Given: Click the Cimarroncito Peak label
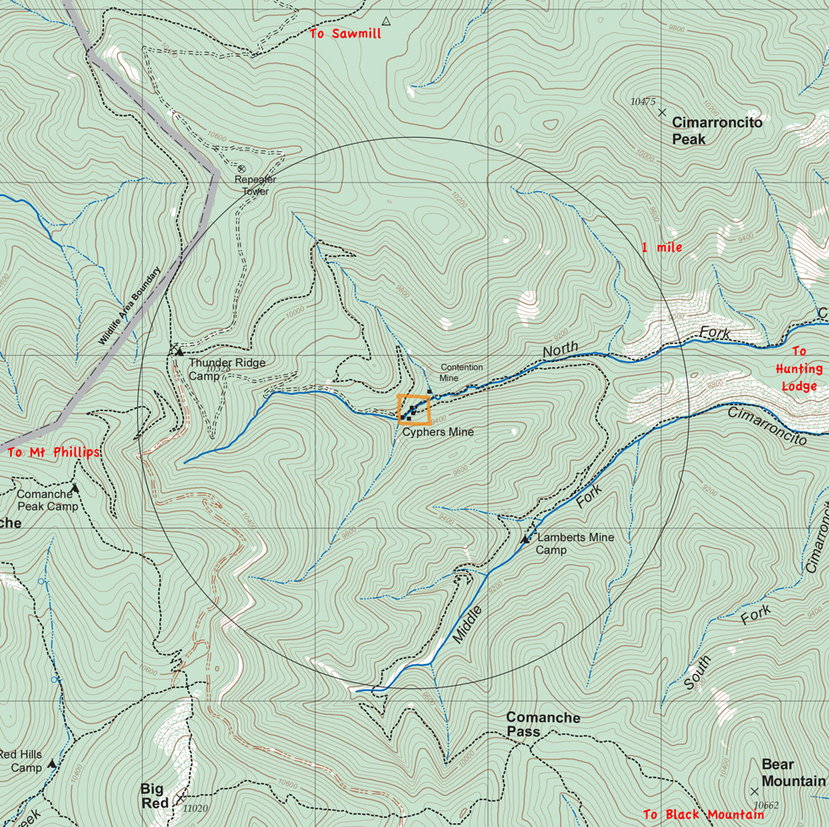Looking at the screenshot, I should coord(716,130).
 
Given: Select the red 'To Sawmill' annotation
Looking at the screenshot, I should coord(344,34).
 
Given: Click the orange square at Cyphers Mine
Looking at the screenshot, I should coord(414,409).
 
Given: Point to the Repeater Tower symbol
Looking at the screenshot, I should coord(241,169).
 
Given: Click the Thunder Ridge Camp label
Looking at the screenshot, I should coord(226,369).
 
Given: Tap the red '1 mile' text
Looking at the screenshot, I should coord(662,248).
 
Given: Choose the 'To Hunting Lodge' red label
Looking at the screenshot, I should coord(799,369).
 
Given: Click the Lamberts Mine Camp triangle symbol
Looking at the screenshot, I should coord(524,539).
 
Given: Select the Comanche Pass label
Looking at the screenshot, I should coord(543,725).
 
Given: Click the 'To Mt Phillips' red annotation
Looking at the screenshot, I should coord(53,452).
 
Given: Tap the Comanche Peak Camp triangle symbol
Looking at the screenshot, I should coord(74,488).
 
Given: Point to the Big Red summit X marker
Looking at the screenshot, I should coord(181,797).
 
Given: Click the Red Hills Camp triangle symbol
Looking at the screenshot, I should coord(52,764).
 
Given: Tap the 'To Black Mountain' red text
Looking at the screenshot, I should coord(703,815).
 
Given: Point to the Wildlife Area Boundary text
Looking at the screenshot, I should coord(129,307).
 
